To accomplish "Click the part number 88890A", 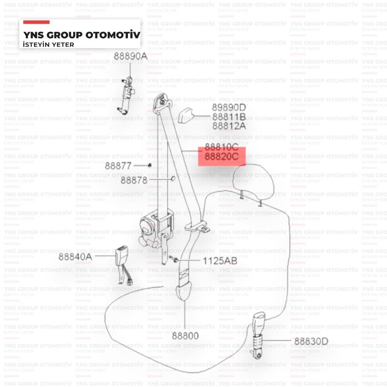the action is click(130, 56).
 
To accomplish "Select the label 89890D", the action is click(229, 107).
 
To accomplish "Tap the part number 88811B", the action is click(229, 116).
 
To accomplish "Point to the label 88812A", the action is click(229, 126).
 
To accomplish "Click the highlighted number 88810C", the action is click(222, 147).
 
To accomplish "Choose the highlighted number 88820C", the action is click(222, 157).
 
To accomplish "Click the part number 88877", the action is click(118, 166).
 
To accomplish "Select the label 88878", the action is click(134, 180).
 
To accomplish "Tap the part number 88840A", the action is click(75, 257).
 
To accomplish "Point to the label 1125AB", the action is click(220, 261).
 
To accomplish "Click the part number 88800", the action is click(185, 336).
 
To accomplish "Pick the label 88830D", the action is click(311, 341).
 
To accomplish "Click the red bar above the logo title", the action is click(36, 22).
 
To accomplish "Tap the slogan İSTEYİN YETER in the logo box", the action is click(48, 45).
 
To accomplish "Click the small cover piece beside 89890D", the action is click(186, 115).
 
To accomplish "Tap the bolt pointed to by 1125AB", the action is click(174, 259).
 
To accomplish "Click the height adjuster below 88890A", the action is click(126, 95).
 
